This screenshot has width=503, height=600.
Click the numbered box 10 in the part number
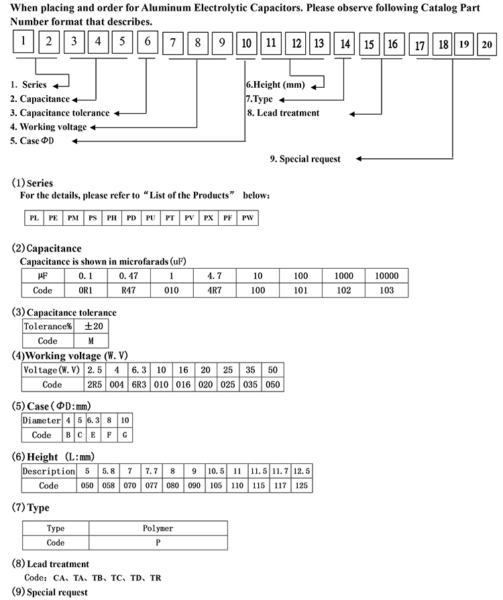pos(246,44)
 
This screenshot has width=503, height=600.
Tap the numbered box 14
pos(345,44)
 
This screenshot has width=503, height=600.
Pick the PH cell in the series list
pos(111,218)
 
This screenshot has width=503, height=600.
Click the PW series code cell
pos(247,218)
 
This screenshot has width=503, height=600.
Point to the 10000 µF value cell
pos(386,276)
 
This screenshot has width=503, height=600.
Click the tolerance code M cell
pos(92,341)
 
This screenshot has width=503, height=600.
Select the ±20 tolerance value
pos(92,326)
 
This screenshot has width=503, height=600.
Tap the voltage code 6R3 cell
pos(139,385)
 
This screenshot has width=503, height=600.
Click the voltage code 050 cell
pos(272,385)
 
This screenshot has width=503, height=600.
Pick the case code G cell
pos(125,435)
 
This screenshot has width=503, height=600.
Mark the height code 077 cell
pos(151,485)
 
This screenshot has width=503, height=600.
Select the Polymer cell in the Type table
pos(158,528)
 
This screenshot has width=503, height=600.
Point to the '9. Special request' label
pos(305,159)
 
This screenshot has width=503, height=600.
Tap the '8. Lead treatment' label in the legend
pos(284,113)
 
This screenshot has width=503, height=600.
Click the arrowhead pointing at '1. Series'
pos(56,85)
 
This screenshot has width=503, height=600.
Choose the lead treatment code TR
pos(156,577)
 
